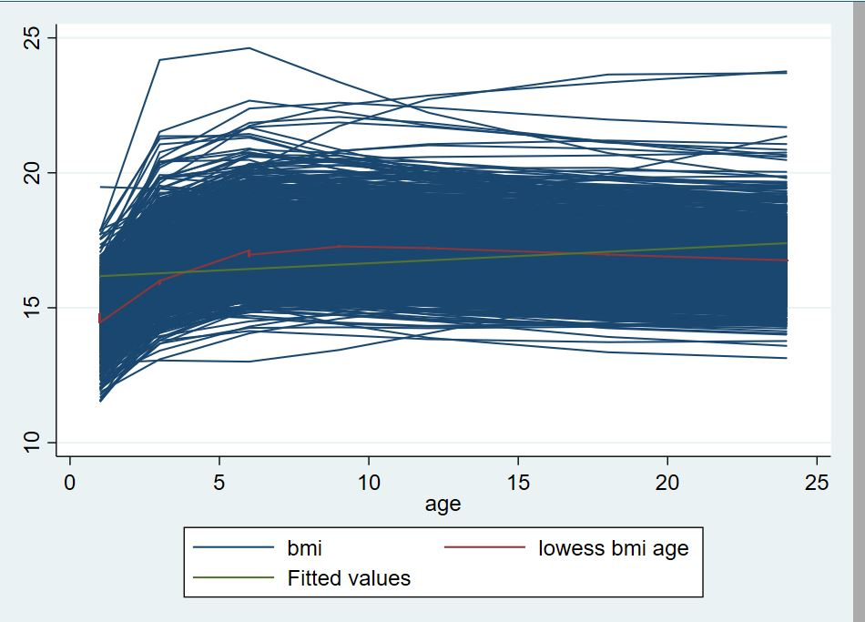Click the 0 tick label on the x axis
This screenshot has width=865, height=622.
70,482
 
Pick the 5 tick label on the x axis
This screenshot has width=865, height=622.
219,482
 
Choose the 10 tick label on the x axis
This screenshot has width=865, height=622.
369,482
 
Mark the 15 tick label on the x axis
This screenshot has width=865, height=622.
518,482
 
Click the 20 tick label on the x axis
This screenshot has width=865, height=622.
667,482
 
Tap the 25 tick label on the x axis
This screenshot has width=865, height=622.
817,482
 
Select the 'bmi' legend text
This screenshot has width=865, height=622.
304,548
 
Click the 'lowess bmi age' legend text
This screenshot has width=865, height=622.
614,548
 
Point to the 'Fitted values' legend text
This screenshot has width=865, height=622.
349,577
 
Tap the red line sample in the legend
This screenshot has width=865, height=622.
484,548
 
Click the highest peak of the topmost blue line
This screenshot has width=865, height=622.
249,47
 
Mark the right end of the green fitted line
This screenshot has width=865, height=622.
787,242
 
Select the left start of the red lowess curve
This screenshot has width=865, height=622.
99,321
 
